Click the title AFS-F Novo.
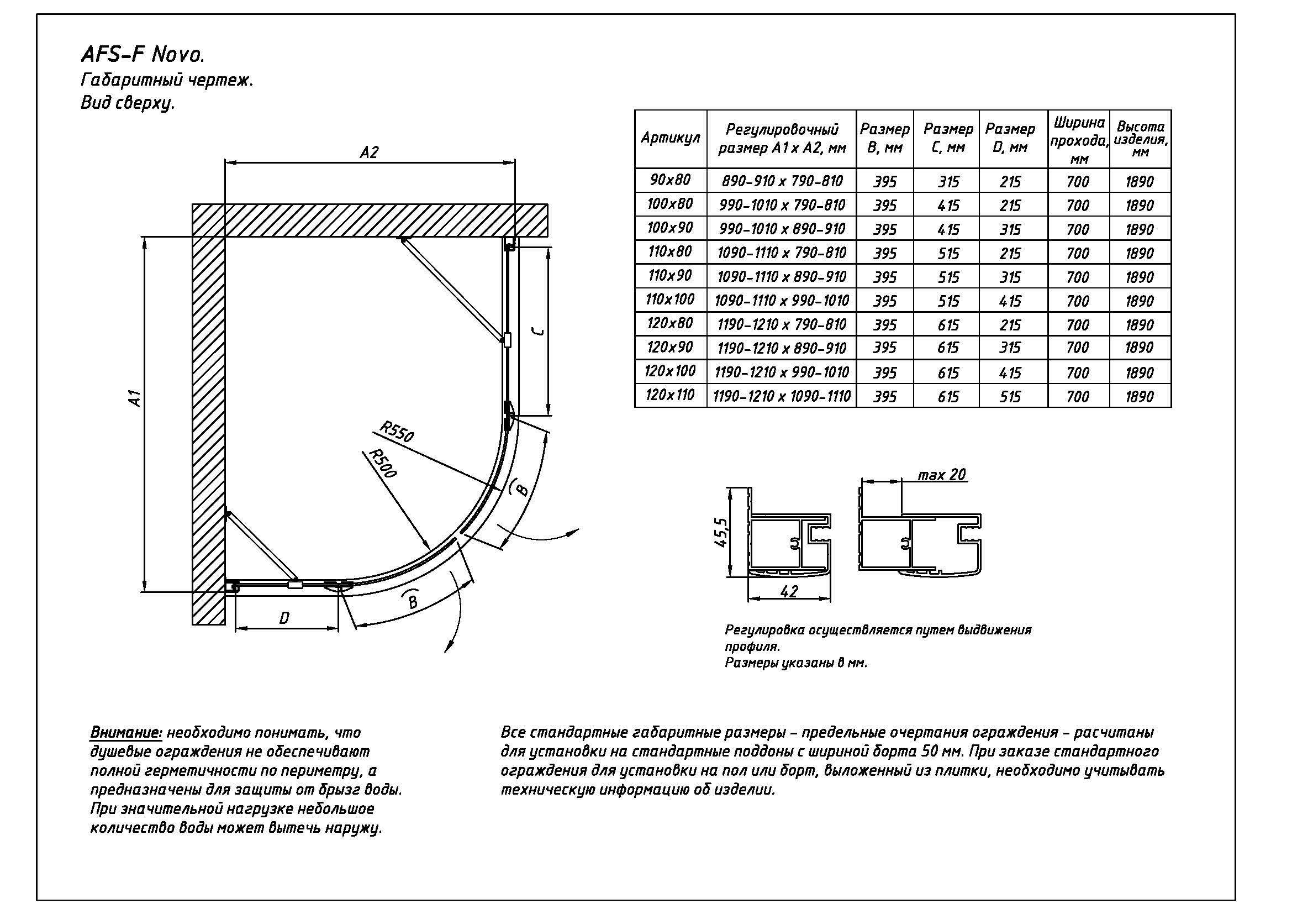point(143,55)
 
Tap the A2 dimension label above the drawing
point(369,153)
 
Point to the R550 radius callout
point(396,431)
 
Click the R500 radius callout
point(383,463)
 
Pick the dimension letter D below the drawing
point(284,618)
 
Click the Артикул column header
point(670,139)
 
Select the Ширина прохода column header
point(1078,140)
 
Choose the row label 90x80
point(669,180)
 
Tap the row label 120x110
point(669,395)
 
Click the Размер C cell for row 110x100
point(948,301)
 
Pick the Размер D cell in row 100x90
point(1010,230)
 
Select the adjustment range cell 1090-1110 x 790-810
point(782,253)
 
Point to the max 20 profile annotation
point(941,475)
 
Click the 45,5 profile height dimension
point(721,532)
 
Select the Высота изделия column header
point(1140,139)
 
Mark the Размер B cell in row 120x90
point(884,348)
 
